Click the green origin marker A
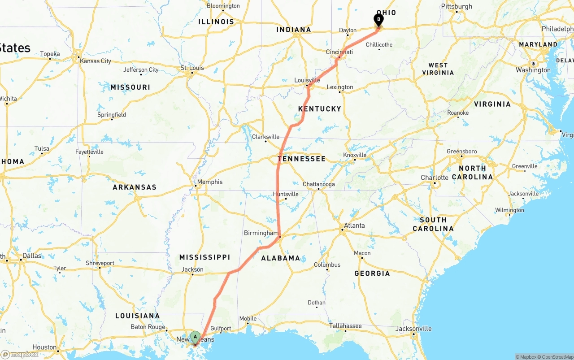point(195,337)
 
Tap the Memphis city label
point(209,182)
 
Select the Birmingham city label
point(261,233)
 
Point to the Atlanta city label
point(354,226)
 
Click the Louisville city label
point(307,80)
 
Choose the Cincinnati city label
point(339,52)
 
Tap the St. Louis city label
point(192,68)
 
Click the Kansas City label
point(95,61)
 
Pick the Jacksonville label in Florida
point(413,329)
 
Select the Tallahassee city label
point(345,326)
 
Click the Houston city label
point(44,347)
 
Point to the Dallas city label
point(31,256)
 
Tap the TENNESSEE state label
point(301,159)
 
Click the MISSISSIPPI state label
point(204,257)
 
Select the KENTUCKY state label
point(320,109)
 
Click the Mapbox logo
point(20,354)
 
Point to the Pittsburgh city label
point(457,6)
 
